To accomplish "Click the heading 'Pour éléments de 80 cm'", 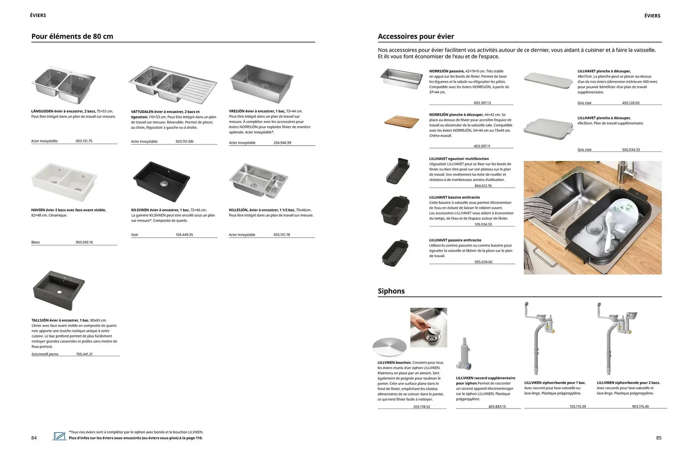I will (72, 36).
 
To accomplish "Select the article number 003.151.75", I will (84, 141).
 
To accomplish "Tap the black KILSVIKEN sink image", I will (161, 181).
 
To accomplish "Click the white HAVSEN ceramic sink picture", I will (64, 182).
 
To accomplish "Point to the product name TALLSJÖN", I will (40, 320).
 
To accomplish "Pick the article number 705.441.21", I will (84, 354).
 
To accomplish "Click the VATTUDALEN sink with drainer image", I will (173, 85).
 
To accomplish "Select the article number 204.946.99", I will (282, 143).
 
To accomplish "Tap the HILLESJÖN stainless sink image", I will (258, 181).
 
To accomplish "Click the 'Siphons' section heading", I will (391, 291).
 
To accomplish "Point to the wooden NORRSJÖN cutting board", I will (401, 121).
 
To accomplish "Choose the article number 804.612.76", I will (483, 186).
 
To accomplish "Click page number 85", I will (659, 438).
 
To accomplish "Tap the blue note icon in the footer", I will (60, 436).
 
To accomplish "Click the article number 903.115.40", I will (640, 406).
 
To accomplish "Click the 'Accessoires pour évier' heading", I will (416, 36).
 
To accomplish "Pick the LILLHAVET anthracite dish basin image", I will (395, 210).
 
